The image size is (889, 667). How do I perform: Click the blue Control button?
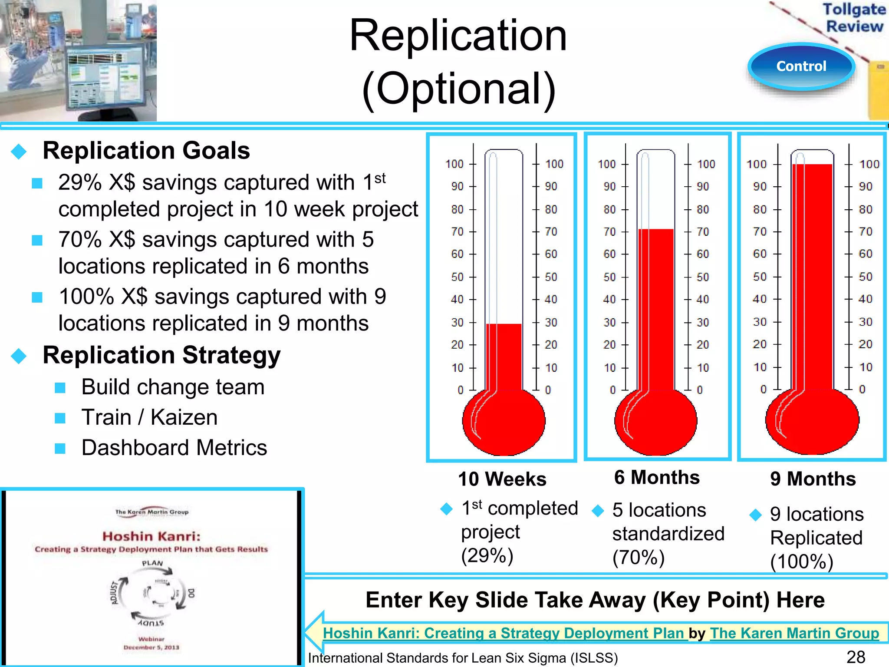point(801,66)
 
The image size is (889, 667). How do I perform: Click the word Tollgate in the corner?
point(854,9)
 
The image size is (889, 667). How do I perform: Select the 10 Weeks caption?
point(502,479)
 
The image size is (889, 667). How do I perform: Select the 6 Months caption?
point(657,478)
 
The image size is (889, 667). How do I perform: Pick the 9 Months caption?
point(813,479)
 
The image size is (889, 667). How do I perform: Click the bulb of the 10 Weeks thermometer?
point(504,421)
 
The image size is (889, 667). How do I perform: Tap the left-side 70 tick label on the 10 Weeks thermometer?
point(457,232)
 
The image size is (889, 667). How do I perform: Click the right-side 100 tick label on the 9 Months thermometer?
point(869,164)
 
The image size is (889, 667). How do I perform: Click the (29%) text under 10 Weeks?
point(487,555)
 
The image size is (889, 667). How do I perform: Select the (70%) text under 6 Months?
point(639,558)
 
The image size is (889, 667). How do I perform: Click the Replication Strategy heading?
point(161,355)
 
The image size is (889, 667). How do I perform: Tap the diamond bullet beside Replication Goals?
point(19,152)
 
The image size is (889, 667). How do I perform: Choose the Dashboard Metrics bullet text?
point(174,448)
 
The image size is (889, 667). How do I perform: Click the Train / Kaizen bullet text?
point(149,417)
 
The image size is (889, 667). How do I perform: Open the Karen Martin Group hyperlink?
point(794,633)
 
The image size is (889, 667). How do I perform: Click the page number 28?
point(856,657)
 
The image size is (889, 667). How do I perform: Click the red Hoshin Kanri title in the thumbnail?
point(151,536)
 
